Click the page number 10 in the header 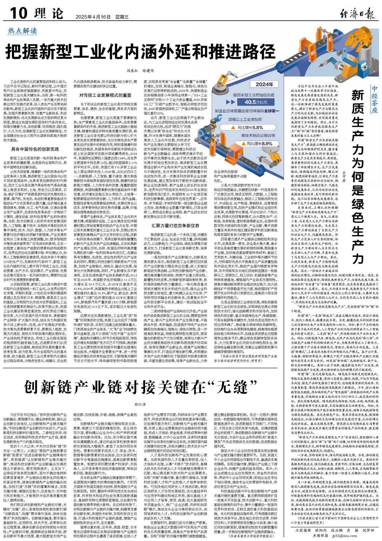tap(17, 14)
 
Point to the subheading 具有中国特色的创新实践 tap(35, 138)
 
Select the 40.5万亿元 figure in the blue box tap(256, 102)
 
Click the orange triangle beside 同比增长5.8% tap(233, 127)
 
